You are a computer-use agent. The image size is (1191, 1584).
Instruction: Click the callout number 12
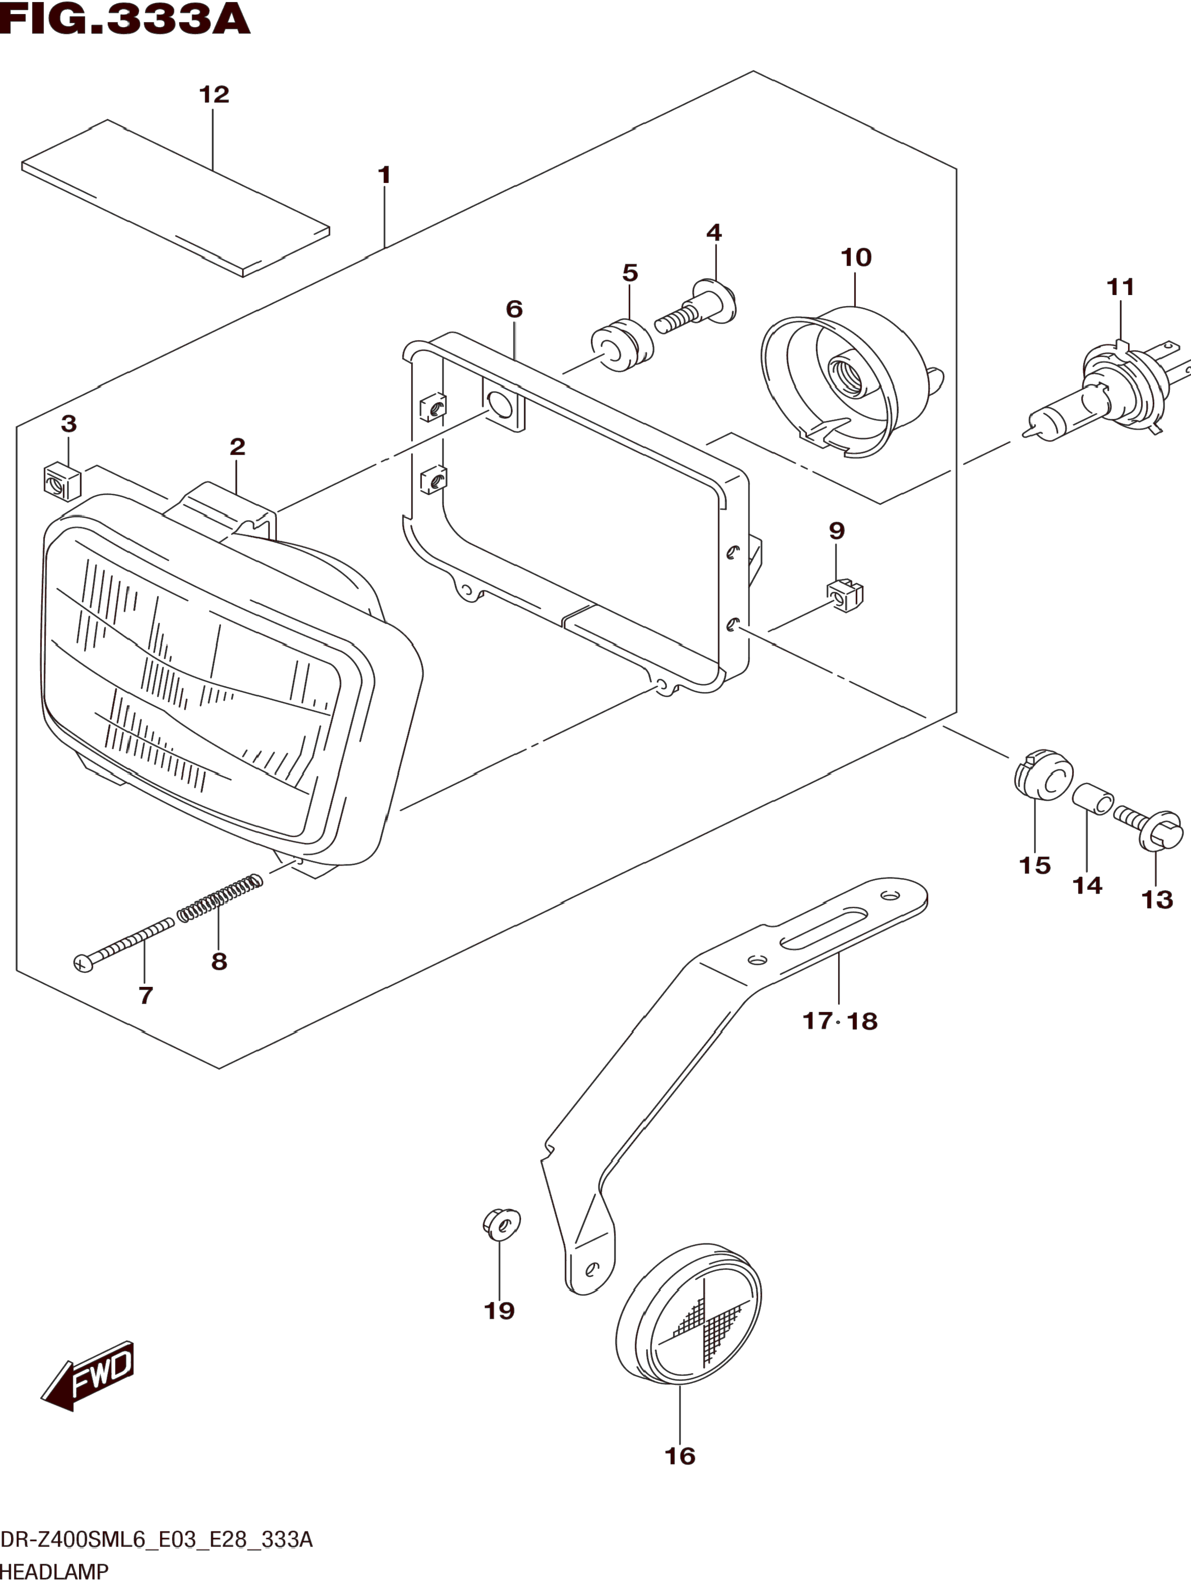tap(214, 95)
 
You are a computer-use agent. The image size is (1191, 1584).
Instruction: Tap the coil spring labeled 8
tap(219, 898)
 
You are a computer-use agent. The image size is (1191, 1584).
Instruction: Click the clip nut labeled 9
tap(844, 595)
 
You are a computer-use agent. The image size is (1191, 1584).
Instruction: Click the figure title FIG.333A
tap(125, 20)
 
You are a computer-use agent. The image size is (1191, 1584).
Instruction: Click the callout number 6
tap(514, 310)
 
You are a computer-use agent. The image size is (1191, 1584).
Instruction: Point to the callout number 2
tap(237, 447)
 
